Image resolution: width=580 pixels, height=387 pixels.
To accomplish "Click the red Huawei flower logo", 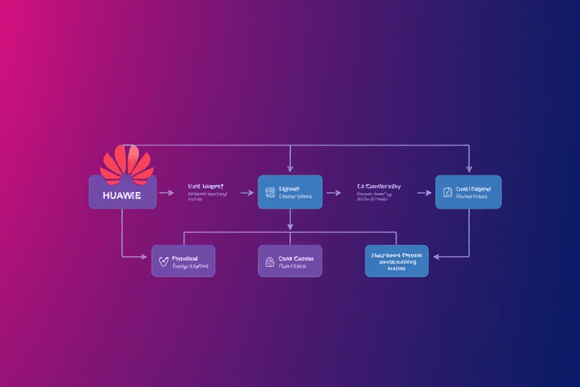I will [x=127, y=164].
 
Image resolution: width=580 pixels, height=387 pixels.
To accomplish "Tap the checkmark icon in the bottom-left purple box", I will [x=163, y=261].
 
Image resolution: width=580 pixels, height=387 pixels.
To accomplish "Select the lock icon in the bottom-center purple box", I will [x=268, y=262].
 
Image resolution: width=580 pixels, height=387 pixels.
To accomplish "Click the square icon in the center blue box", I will [x=270, y=192].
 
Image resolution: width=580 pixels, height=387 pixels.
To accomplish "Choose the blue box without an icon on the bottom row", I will [x=396, y=261].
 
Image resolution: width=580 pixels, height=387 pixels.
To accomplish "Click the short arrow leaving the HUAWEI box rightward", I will [x=166, y=193].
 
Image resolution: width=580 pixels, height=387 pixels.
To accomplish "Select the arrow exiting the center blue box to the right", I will [x=334, y=193].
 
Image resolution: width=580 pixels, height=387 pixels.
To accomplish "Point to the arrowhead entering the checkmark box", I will [x=146, y=258].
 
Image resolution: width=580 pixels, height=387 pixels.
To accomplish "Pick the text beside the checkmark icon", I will [x=190, y=262].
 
